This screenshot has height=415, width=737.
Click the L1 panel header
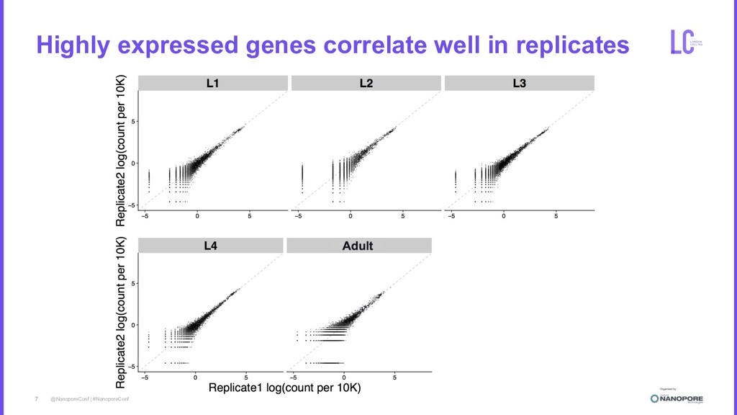pyautogui.click(x=212, y=84)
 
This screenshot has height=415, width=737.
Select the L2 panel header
pyautogui.click(x=366, y=84)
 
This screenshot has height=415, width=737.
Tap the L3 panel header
pyautogui.click(x=519, y=84)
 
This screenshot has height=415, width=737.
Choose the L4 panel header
pyautogui.click(x=210, y=246)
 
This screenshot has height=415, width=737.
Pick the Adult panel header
pyautogui.click(x=358, y=246)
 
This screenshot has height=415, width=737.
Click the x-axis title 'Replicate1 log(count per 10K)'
pyautogui.click(x=284, y=388)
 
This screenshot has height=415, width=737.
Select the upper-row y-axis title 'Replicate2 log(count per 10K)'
pyautogui.click(x=121, y=150)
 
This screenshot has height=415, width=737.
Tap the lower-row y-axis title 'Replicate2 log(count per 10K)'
pyautogui.click(x=121, y=311)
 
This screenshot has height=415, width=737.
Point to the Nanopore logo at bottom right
pyautogui.click(x=677, y=397)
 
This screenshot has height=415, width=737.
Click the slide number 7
pyautogui.click(x=36, y=398)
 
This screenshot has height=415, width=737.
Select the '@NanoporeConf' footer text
pyautogui.click(x=69, y=398)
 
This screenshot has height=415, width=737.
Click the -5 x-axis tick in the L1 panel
pyautogui.click(x=145, y=215)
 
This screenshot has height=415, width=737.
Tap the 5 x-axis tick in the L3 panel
pyautogui.click(x=555, y=215)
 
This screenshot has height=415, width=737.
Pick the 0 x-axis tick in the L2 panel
pyautogui.click(x=351, y=215)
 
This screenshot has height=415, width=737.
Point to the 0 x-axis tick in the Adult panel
pyautogui.click(x=343, y=377)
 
